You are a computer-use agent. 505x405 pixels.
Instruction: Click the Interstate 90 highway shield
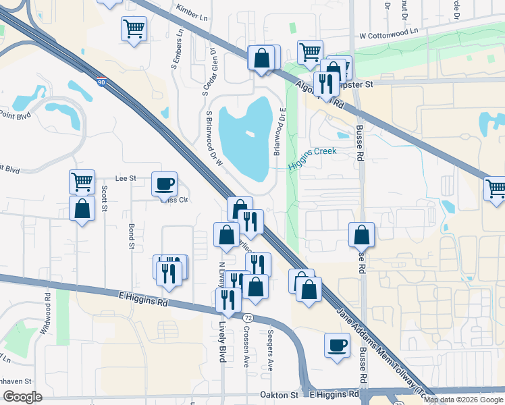click(x=101, y=82)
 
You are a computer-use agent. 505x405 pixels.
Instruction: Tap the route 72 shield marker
click(x=248, y=317)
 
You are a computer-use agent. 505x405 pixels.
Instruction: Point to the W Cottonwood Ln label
click(x=389, y=31)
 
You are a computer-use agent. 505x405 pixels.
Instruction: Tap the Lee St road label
click(x=126, y=178)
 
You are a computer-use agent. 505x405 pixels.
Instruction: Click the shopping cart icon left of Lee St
click(x=82, y=180)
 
